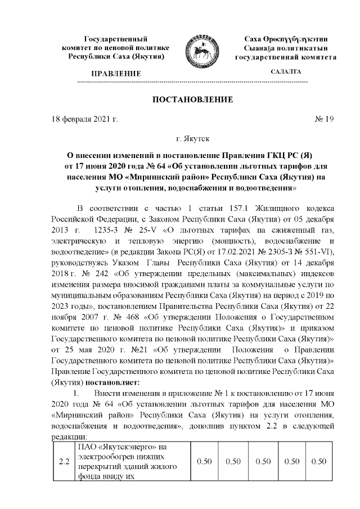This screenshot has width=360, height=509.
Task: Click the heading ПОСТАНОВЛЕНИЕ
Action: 193,100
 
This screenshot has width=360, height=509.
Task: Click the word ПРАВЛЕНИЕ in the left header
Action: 116,74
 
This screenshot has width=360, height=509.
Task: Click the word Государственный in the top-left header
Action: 116,39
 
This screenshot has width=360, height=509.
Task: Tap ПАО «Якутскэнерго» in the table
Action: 116,447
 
